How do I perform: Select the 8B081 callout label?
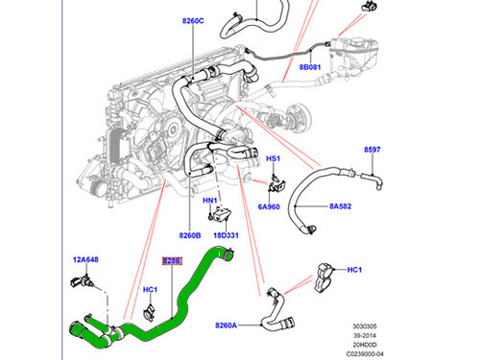tap(311, 68)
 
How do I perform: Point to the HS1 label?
tap(273, 158)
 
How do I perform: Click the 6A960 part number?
tap(271, 205)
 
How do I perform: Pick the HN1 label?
tap(208, 201)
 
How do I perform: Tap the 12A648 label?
tap(86, 259)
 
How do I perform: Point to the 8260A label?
tap(227, 325)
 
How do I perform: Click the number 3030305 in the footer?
tap(444, 325)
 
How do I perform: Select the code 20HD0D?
tap(446, 343)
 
